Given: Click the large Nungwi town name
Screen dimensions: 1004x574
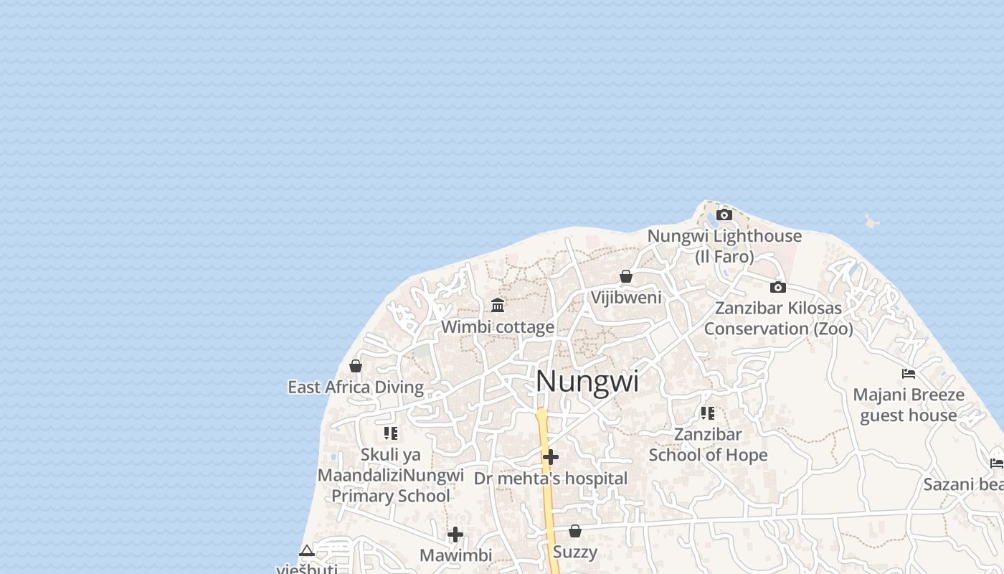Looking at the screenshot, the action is pos(587,381).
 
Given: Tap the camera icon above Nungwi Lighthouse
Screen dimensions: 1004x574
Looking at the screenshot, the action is pos(724,215).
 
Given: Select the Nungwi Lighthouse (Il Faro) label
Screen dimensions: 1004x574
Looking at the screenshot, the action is pos(724,245).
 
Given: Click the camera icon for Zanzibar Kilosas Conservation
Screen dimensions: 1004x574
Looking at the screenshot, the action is pos(778,287).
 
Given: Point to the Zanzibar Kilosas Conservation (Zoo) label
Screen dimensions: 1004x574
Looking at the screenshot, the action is pos(778,318).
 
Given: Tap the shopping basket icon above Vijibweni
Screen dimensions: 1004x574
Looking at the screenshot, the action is pos(626,276).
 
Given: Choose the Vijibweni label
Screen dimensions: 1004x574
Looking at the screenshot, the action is pos(626,297).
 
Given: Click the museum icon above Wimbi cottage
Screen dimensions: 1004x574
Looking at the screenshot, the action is pos(498,306).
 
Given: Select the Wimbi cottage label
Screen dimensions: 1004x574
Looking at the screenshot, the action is pos(498,327).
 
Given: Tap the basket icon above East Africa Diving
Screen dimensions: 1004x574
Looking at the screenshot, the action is pos(356,366).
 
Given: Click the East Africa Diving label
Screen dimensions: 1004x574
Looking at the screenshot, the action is pos(356,387).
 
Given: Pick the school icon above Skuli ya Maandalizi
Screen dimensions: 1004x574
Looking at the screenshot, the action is pos(391,433).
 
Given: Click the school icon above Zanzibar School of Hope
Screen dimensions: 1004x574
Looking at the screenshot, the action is pos(708,413).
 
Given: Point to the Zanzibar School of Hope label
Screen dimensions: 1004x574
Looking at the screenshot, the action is pos(708,444).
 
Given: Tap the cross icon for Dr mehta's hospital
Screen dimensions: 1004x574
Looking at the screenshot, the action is pos(551,456).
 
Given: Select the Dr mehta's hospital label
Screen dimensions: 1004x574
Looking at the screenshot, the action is pos(551,479).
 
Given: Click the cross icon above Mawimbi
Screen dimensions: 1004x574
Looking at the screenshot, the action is pos(455,535).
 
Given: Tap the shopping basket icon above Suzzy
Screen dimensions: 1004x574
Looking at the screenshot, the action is pos(575,531).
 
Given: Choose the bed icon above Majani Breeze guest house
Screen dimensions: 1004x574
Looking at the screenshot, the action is pos(909,373).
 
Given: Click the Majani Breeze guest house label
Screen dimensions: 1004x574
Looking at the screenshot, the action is pos(909,405).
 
